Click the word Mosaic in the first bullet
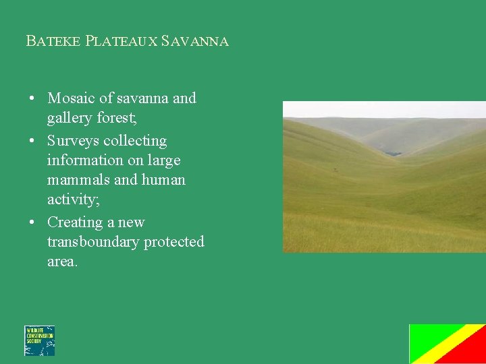click(71, 98)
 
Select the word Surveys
click(73, 141)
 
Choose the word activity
click(72, 200)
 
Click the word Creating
click(74, 222)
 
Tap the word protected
click(175, 242)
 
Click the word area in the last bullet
click(61, 262)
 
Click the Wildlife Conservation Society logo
click(39, 340)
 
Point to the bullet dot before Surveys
click(32, 142)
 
